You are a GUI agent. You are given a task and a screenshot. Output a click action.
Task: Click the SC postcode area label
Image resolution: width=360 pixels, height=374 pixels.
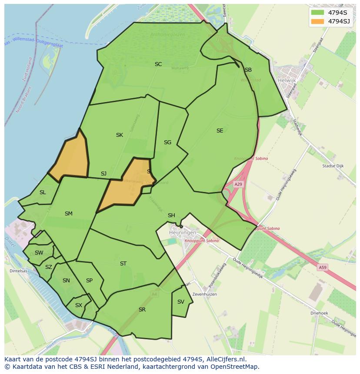click(x=158, y=64)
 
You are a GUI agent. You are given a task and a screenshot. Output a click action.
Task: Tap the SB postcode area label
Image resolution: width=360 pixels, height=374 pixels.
click(x=248, y=70)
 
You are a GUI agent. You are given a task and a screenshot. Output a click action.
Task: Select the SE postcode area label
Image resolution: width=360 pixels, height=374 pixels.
click(x=220, y=131)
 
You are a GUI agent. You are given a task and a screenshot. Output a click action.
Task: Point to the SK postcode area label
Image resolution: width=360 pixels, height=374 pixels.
click(x=120, y=135)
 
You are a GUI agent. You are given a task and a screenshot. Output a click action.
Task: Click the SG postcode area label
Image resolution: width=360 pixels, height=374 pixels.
click(x=167, y=142)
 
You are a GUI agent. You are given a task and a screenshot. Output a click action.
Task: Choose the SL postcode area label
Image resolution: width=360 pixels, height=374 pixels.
click(x=43, y=192)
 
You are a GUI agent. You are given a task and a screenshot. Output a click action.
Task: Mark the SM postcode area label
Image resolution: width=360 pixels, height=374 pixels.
click(x=68, y=214)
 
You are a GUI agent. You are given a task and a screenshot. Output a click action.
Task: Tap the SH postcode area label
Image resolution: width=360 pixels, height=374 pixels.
click(x=171, y=215)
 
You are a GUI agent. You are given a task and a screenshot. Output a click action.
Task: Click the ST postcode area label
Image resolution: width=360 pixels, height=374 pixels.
click(x=123, y=264)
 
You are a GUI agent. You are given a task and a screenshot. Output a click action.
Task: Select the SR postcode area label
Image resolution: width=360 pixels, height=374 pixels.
click(x=142, y=310)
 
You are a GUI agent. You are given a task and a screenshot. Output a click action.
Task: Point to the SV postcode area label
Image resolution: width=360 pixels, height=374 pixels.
click(x=181, y=302)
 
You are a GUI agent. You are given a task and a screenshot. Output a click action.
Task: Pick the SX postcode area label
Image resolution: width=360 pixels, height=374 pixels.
click(x=78, y=305)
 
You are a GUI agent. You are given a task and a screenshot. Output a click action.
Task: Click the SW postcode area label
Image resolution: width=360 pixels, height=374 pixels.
click(x=39, y=253)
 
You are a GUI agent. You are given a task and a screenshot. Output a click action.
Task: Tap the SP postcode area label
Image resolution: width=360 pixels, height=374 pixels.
click(x=89, y=281)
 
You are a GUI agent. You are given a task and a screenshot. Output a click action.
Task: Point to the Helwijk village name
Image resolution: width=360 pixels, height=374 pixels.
click(x=287, y=80)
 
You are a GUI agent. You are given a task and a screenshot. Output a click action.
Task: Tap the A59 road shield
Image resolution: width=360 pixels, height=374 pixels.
click(x=322, y=268)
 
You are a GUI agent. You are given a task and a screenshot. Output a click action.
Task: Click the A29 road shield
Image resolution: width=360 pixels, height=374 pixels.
click(x=238, y=185)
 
